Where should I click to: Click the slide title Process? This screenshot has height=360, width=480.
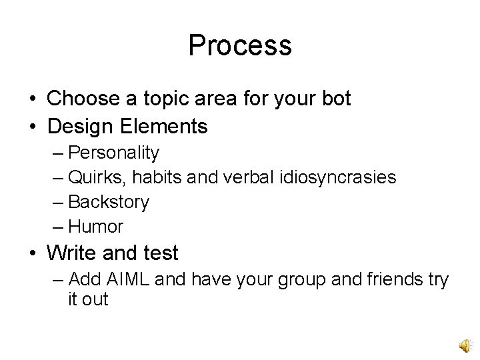[240, 45]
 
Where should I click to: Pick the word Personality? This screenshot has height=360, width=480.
[114, 153]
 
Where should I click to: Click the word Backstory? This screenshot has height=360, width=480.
[109, 202]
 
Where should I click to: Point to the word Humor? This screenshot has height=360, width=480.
[96, 227]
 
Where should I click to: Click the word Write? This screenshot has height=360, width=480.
[71, 253]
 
